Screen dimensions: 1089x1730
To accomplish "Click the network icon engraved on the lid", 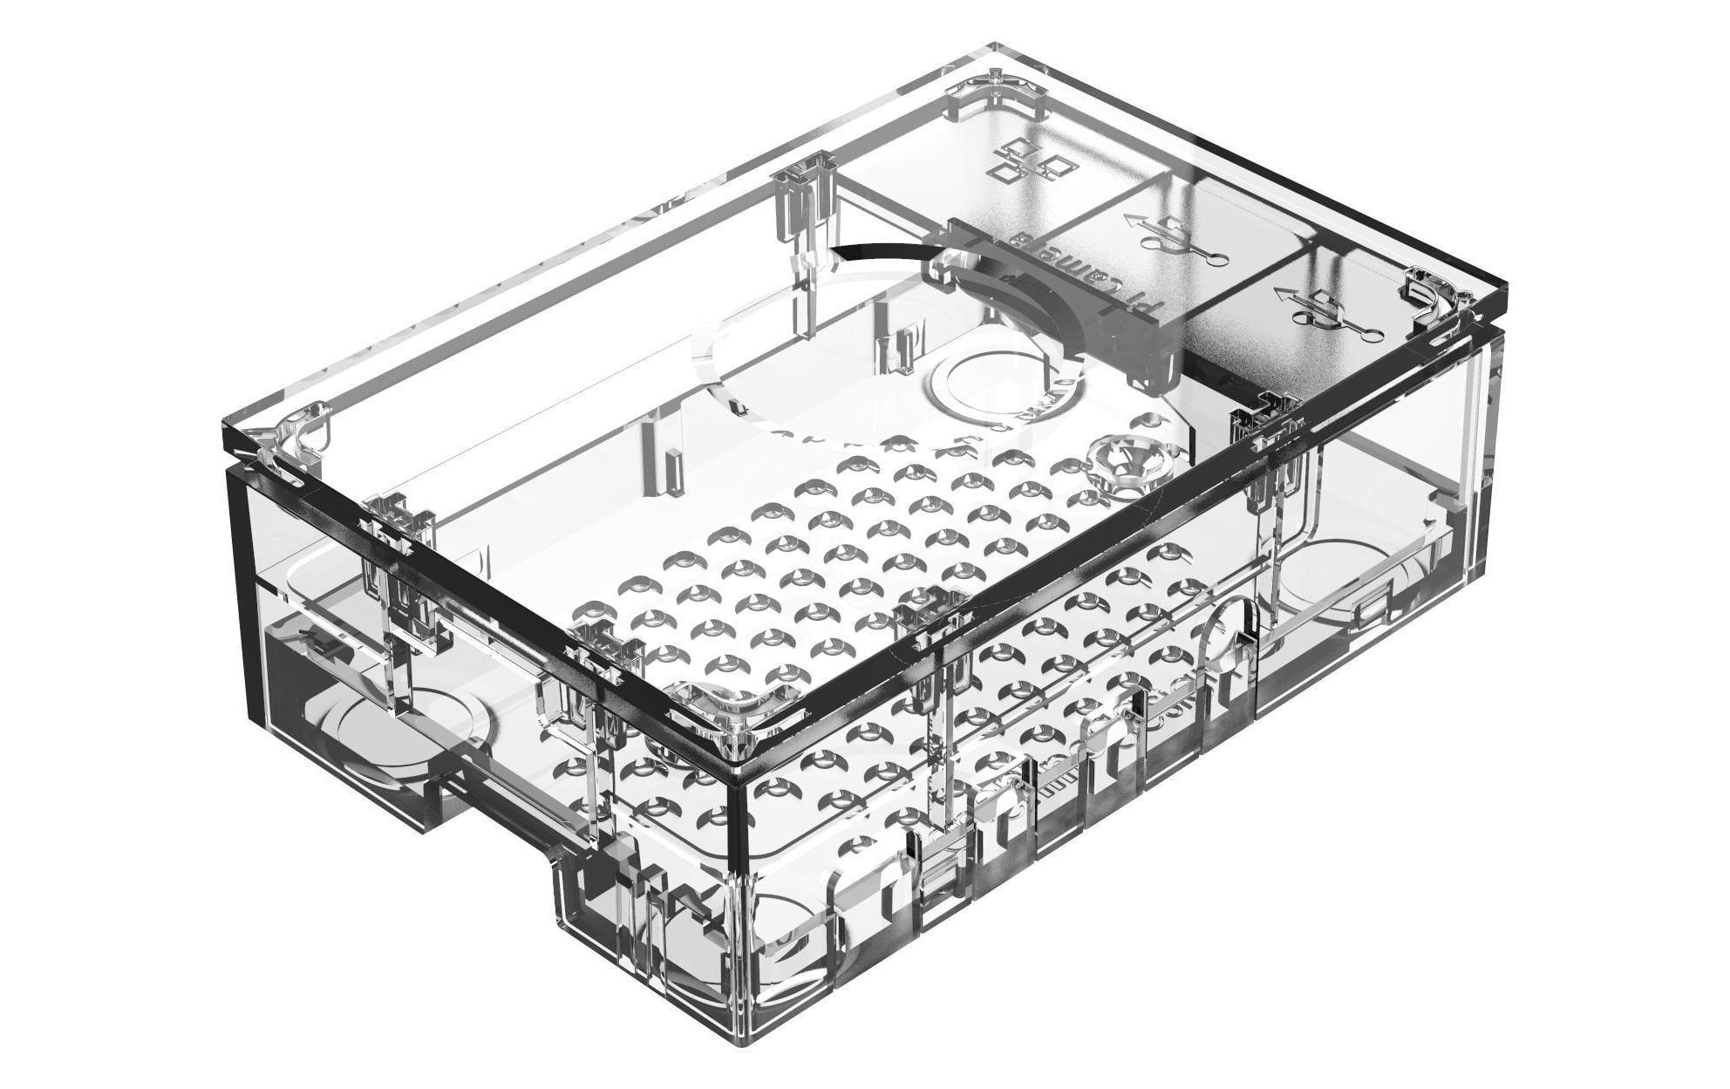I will pyautogui.click(x=1036, y=161).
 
